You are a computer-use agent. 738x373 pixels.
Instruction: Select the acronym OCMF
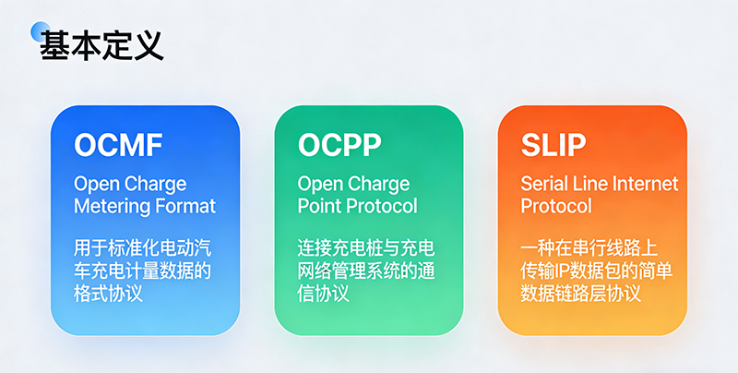click(118, 146)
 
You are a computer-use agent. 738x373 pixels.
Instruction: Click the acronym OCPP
click(339, 146)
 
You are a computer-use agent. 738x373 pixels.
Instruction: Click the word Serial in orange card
click(544, 183)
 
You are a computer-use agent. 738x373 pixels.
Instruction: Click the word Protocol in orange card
click(555, 205)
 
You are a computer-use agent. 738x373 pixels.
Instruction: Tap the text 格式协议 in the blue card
click(108, 294)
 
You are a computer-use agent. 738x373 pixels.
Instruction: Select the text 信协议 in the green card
click(323, 294)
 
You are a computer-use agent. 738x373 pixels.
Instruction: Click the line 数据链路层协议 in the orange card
click(580, 294)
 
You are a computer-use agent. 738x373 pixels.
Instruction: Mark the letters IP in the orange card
click(571, 271)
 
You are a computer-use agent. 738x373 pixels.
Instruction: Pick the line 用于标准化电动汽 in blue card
click(143, 249)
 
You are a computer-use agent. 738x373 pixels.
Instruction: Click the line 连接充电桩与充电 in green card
click(366, 249)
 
